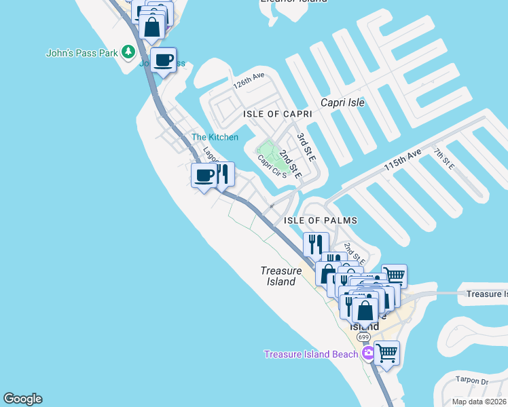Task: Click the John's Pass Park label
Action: click(x=81, y=52)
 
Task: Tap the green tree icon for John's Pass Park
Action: click(x=127, y=52)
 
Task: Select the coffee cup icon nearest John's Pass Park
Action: click(x=163, y=60)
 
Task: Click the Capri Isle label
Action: click(x=342, y=102)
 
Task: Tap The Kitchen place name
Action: click(x=215, y=137)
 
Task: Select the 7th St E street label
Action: click(x=444, y=160)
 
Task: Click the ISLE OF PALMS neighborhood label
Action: click(x=320, y=220)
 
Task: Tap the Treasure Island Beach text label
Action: click(x=310, y=354)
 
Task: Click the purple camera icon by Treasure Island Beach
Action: click(x=368, y=353)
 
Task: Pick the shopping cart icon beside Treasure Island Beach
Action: click(x=386, y=352)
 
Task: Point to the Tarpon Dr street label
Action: click(x=473, y=381)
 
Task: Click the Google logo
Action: click(x=22, y=399)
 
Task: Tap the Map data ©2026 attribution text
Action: click(x=479, y=402)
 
